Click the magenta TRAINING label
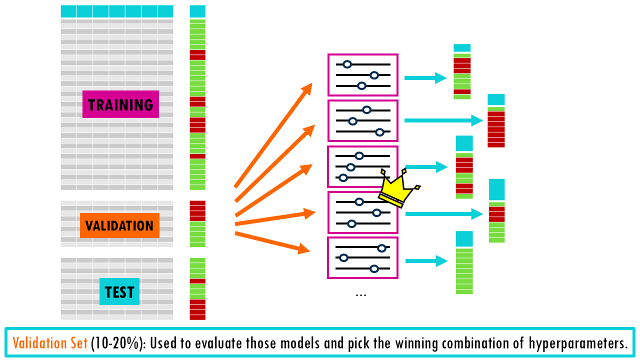tap(120, 104)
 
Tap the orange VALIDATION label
tap(119, 225)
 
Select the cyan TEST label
tap(119, 291)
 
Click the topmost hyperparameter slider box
tap(362, 75)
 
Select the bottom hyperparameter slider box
tap(362, 257)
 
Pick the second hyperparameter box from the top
tap(362, 121)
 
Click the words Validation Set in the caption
tap(50, 343)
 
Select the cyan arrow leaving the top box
tap(425, 78)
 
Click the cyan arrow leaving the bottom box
tap(426, 261)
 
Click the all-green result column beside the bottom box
tap(464, 270)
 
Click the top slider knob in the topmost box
tap(347, 64)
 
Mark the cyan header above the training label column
tap(197, 11)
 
